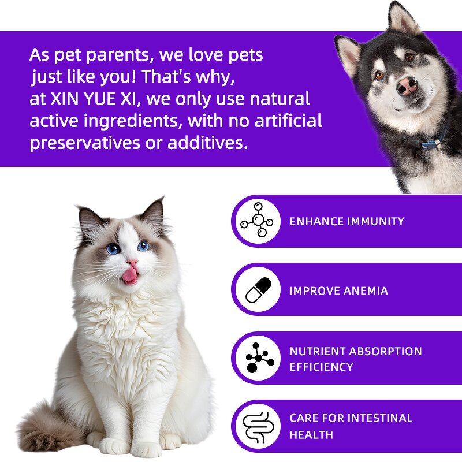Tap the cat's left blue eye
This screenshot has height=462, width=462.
[x=113, y=248]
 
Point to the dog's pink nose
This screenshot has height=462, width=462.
[x=407, y=85]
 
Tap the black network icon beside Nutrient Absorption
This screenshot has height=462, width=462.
[x=257, y=358]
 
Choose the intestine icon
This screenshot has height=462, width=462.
[x=256, y=426]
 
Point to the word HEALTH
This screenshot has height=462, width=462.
[x=311, y=434]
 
